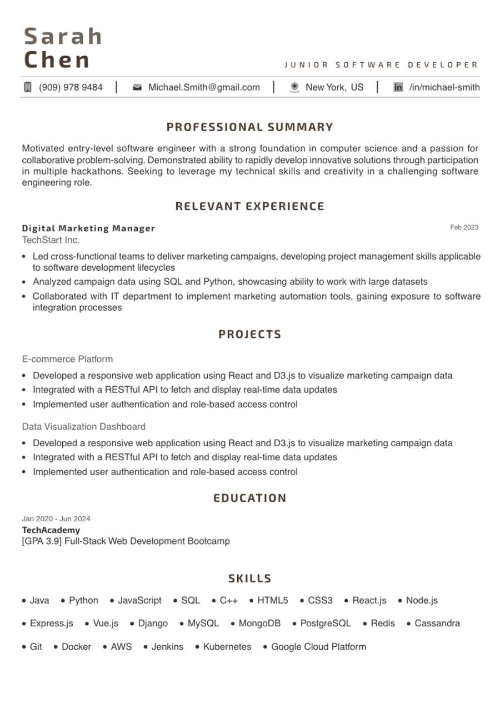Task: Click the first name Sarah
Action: pyautogui.click(x=63, y=37)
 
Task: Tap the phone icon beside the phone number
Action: pyautogui.click(x=28, y=87)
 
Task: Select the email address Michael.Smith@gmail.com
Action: pyautogui.click(x=204, y=87)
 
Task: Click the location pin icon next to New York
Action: pyautogui.click(x=294, y=87)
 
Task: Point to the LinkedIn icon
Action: pyautogui.click(x=398, y=87)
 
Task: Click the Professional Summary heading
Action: pyautogui.click(x=250, y=127)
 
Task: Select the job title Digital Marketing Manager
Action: pyautogui.click(x=88, y=228)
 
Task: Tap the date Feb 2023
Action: pyautogui.click(x=464, y=227)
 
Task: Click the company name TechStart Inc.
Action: pyautogui.click(x=51, y=240)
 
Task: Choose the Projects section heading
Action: pyautogui.click(x=250, y=335)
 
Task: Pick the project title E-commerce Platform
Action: pyautogui.click(x=67, y=359)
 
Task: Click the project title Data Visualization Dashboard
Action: pyautogui.click(x=84, y=427)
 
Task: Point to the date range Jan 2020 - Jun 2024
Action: pyautogui.click(x=56, y=518)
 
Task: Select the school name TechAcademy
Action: pyautogui.click(x=51, y=530)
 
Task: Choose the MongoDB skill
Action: pyautogui.click(x=259, y=624)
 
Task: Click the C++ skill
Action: pyautogui.click(x=228, y=601)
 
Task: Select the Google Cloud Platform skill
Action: pyautogui.click(x=318, y=647)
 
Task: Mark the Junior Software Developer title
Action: pyautogui.click(x=381, y=65)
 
